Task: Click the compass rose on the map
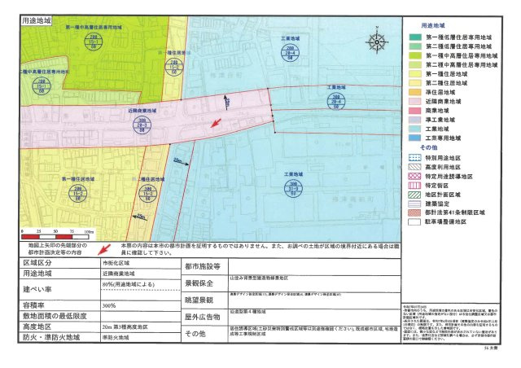376,42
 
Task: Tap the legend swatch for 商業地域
418,119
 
